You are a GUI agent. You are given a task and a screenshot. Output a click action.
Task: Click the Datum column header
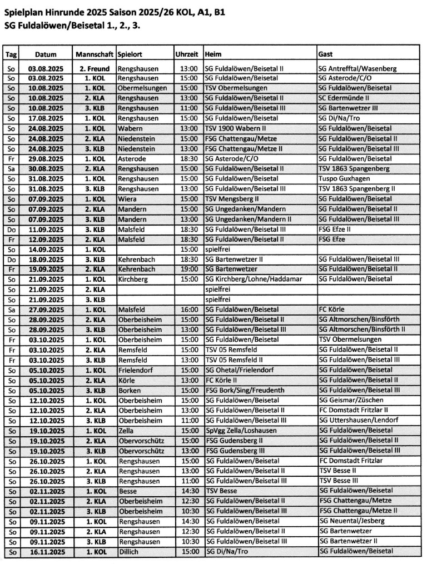pyautogui.click(x=46, y=55)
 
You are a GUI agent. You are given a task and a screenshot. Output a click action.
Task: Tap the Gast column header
pyautogui.click(x=325, y=55)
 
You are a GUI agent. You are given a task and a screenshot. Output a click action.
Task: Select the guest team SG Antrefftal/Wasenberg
pyautogui.click(x=356, y=68)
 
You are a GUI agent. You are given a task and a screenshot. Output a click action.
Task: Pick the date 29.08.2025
pyautogui.click(x=46, y=158)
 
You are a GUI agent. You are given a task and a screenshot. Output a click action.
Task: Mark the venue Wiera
pyautogui.click(x=127, y=198)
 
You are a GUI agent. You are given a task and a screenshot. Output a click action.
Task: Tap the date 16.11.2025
pyautogui.click(x=46, y=551)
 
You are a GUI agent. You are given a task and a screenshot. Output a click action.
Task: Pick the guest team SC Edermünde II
pyautogui.click(x=344, y=98)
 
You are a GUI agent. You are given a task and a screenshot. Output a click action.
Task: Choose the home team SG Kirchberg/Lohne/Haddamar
pyautogui.click(x=254, y=279)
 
